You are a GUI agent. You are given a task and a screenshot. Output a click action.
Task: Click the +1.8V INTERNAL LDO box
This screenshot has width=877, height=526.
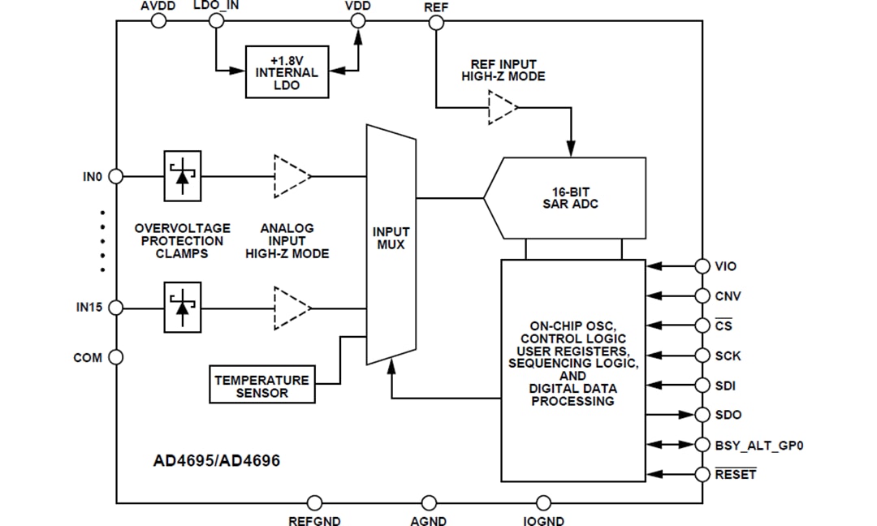click(x=287, y=72)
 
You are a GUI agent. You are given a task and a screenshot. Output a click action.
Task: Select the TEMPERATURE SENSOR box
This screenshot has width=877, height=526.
click(x=261, y=386)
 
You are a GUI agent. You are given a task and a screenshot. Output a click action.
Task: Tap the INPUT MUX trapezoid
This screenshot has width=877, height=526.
click(x=391, y=244)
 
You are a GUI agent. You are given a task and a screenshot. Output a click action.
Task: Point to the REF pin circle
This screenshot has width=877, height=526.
click(x=436, y=22)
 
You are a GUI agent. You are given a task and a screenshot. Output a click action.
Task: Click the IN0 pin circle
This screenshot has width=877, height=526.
click(x=116, y=175)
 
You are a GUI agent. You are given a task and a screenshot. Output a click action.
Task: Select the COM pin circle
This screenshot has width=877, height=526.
click(x=116, y=357)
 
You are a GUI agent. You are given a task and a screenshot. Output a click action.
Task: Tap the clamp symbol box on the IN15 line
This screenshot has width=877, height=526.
click(x=183, y=308)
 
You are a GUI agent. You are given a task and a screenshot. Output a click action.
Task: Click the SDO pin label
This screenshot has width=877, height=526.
click(x=728, y=415)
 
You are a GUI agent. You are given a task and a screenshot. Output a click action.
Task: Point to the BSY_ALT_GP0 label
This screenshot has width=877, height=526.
click(x=759, y=445)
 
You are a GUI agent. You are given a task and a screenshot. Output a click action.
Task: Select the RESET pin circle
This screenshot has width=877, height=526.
click(x=702, y=474)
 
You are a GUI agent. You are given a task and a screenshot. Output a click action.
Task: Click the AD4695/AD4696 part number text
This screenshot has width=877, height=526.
click(x=217, y=461)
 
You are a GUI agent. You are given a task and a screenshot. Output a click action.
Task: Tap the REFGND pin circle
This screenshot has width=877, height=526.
click(x=315, y=503)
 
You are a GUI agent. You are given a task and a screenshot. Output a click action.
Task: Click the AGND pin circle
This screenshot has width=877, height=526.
click(x=428, y=503)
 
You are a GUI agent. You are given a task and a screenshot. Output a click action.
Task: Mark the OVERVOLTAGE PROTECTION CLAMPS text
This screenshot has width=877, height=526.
click(x=182, y=241)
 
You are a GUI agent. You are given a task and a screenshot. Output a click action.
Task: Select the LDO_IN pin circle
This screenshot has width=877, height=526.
click(x=216, y=22)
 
